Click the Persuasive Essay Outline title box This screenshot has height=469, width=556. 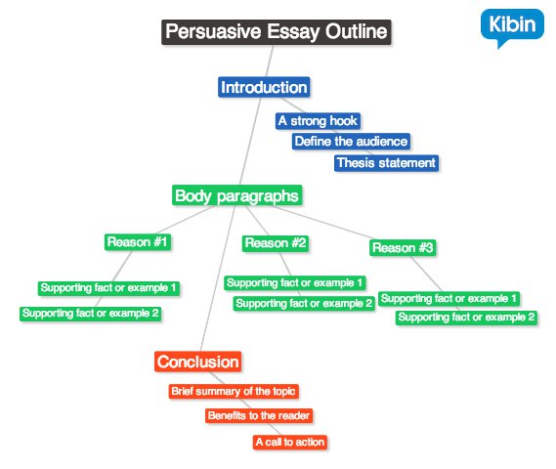coord(277,32)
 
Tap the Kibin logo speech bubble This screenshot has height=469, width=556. coord(512,26)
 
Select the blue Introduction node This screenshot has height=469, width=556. coord(264,87)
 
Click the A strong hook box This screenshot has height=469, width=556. coord(319,121)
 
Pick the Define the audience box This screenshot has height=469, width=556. coord(351,142)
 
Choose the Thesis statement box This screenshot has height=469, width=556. coord(386,163)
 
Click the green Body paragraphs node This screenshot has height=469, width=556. coord(236,195)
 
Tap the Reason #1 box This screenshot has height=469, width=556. coord(138,242)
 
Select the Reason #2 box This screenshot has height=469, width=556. coord(276,243)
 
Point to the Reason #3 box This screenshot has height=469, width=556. coord(403,248)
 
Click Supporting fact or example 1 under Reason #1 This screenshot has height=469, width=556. coord(108,288)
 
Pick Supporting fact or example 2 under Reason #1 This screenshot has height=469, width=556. coord(91,314)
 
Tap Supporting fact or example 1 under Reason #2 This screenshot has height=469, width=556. coord(295,283)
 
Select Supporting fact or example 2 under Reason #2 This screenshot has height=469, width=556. coord(304,304)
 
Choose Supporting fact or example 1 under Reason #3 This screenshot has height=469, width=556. coord(449,299)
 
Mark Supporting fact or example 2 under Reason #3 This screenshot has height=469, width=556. coord(466,318)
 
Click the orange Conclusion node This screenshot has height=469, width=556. coord(197,362)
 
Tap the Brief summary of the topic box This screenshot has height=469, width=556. coord(234,392)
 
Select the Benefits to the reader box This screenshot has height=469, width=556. coord(259,415)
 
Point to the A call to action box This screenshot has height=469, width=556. coord(289,442)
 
